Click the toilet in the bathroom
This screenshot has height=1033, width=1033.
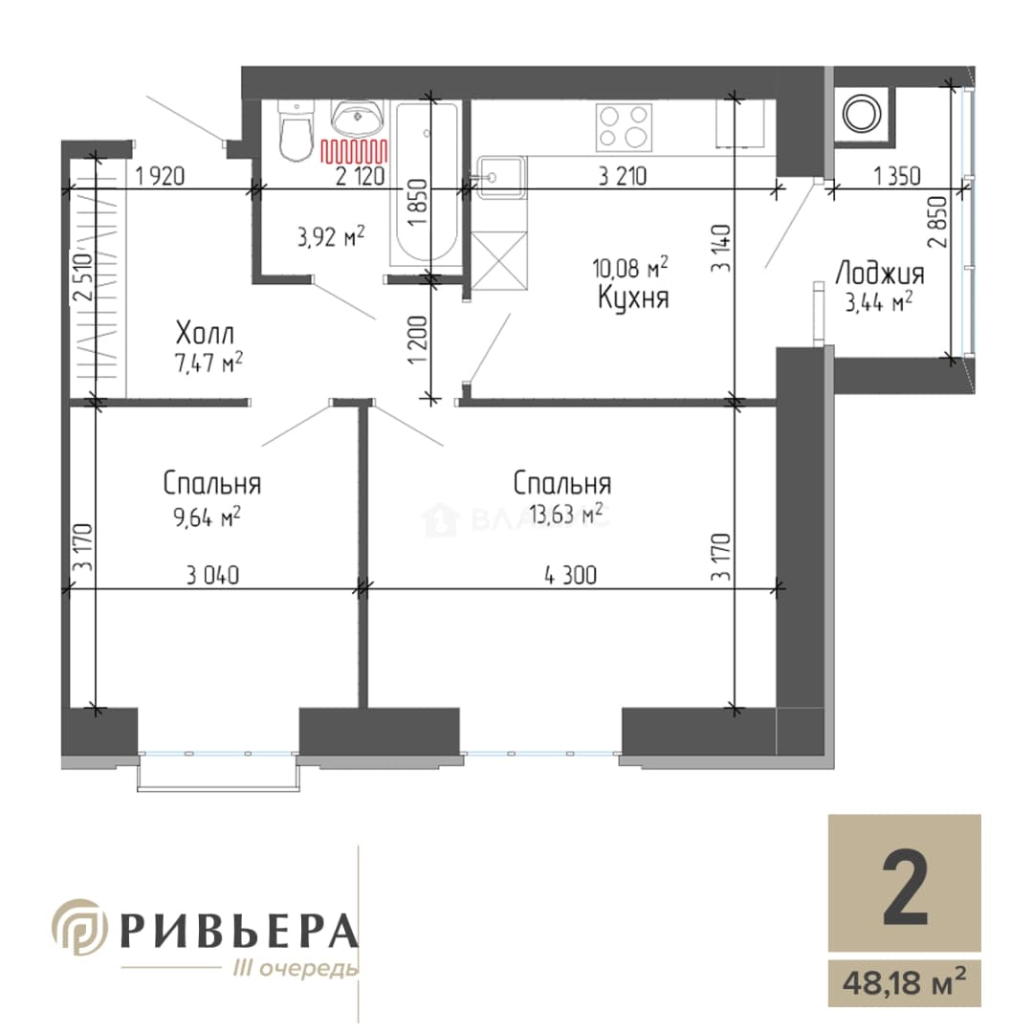tap(295, 130)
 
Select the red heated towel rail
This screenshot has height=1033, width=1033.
tap(354, 151)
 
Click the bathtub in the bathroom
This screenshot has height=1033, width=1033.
tap(426, 184)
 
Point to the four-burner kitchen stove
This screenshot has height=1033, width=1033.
tap(624, 127)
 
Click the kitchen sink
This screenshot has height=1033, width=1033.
tap(500, 177)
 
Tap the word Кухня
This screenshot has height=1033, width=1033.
tap(633, 297)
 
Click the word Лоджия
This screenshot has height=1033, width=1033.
tap(880, 274)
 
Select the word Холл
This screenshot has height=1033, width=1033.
tap(205, 334)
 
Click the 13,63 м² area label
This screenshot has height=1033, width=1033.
tap(566, 513)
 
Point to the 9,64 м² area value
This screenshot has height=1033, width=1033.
tap(207, 517)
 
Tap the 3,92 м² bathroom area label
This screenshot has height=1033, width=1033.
tap(331, 236)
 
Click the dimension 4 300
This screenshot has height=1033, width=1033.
tap(570, 575)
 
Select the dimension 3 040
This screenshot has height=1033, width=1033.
tap(212, 575)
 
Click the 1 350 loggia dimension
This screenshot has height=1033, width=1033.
tap(896, 176)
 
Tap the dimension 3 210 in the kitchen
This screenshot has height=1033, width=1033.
tap(622, 176)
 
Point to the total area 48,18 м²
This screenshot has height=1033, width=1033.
tap(905, 983)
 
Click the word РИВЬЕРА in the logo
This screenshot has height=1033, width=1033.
tap(239, 931)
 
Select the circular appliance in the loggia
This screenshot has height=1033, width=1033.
tap(862, 114)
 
